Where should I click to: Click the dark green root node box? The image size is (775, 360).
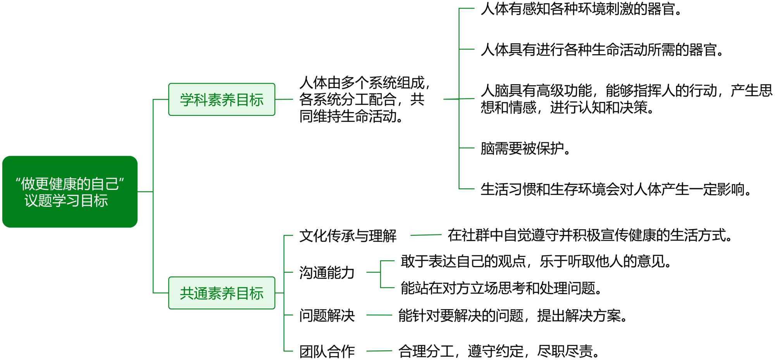click(x=70, y=191)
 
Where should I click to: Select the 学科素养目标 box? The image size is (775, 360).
click(x=222, y=100)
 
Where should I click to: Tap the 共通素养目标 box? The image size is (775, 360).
click(x=222, y=293)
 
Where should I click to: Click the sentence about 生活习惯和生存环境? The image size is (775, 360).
click(x=616, y=189)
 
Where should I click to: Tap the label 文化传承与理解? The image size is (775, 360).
click(x=348, y=236)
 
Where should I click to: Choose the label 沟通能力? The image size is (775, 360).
click(x=327, y=272)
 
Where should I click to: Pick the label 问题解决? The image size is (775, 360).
click(x=327, y=315)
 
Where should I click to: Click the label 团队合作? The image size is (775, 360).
click(x=327, y=351)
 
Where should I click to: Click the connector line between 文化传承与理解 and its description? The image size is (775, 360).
click(x=425, y=235)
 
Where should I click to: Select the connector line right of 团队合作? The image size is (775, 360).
click(x=379, y=351)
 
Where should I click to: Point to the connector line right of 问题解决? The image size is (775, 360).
click(x=379, y=315)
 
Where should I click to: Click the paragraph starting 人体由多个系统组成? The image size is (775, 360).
click(x=364, y=100)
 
